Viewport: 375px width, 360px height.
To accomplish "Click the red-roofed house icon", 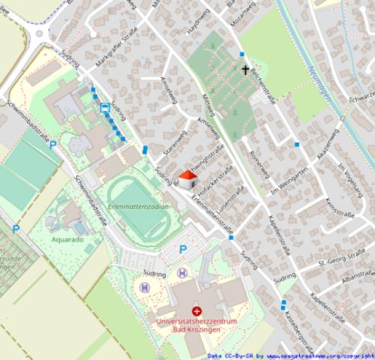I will point(187,179).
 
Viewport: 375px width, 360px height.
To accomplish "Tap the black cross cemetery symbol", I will point(244,70).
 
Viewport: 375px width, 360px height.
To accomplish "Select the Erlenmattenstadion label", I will point(138,205).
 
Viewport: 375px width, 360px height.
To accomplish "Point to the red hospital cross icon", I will point(196,310).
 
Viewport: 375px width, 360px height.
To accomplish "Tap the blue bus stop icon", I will point(105,107).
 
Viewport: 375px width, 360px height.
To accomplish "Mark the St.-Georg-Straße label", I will point(333,262).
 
